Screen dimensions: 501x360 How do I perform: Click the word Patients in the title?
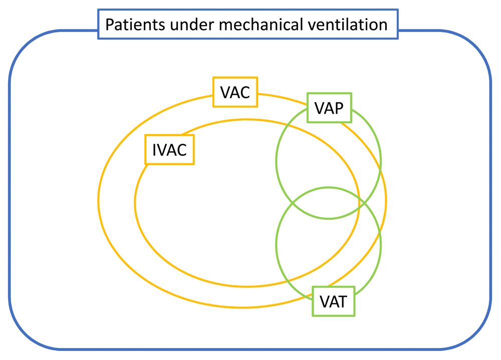click(x=135, y=25)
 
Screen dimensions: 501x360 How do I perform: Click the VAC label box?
click(x=235, y=92)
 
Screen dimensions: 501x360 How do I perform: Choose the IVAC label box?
click(x=169, y=150)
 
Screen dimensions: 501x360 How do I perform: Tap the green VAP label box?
click(x=329, y=108)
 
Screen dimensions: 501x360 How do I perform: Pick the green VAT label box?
click(x=333, y=301)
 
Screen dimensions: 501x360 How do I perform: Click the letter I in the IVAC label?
click(x=154, y=150)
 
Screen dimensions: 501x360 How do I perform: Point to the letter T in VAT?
click(x=342, y=301)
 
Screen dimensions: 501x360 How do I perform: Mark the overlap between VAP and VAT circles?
click(x=329, y=203)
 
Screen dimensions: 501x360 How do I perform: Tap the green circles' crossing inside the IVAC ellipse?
click(x=293, y=203)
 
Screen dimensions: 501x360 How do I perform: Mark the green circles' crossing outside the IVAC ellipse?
click(x=365, y=203)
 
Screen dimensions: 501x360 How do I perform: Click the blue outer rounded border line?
click(x=10, y=192)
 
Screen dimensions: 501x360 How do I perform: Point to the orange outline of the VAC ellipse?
click(x=98, y=201)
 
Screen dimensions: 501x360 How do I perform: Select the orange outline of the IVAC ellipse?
click(x=135, y=203)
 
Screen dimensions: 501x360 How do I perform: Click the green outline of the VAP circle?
click(x=276, y=161)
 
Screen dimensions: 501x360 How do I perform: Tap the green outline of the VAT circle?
click(x=276, y=245)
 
